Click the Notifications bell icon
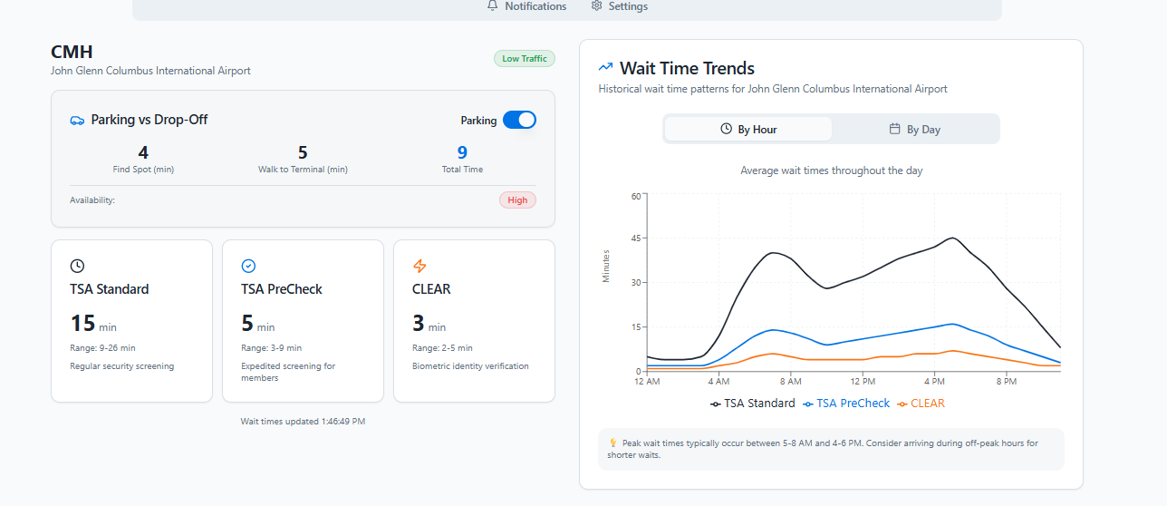[493, 6]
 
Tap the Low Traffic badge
[524, 59]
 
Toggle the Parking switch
[519, 120]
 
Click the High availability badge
[517, 200]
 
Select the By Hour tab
[748, 130]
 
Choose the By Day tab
[915, 130]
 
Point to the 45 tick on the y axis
[635, 238]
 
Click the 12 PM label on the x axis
[863, 382]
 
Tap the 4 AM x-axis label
[719, 382]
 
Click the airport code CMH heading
[72, 52]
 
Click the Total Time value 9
[462, 153]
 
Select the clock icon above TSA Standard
[77, 266]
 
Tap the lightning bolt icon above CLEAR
[420, 266]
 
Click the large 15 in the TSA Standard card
[82, 323]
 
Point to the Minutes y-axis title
[606, 266]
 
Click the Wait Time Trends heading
[687, 68]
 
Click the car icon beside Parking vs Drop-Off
[77, 120]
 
